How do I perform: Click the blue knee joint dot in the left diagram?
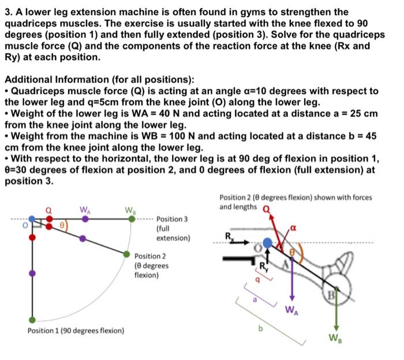[x=32, y=219]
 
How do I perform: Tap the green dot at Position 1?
[x=32, y=320]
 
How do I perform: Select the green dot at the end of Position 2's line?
[x=126, y=253]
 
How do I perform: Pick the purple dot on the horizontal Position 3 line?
[x=85, y=219]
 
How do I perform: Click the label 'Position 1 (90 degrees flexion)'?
[x=76, y=331]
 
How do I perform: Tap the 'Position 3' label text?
[x=172, y=220]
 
